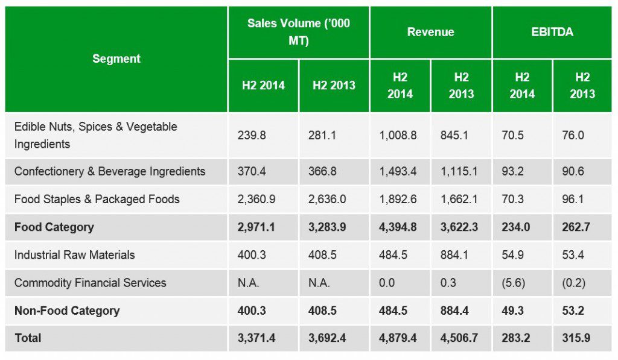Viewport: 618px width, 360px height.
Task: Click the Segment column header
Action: [x=116, y=58]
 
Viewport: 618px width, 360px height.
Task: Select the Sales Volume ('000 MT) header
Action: [x=298, y=31]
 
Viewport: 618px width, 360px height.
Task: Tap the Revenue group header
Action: [x=430, y=32]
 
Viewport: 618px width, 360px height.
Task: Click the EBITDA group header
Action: [x=552, y=32]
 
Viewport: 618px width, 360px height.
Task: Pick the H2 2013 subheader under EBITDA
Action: [x=582, y=86]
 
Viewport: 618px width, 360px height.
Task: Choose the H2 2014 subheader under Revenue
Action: [x=400, y=86]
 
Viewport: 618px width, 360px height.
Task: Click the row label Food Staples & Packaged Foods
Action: [x=97, y=199]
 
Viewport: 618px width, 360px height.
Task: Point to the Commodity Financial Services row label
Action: [x=90, y=283]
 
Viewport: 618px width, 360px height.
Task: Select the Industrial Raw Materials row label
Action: [x=74, y=255]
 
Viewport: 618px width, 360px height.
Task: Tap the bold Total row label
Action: [x=28, y=338]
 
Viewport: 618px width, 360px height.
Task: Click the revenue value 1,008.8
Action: [x=398, y=135]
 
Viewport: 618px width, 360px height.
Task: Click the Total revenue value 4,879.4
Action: [x=398, y=338]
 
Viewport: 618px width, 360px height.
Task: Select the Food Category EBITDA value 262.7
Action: [x=576, y=227]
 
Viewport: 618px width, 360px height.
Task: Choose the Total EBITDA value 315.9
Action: [x=576, y=338]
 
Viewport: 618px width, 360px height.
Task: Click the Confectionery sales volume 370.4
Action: [x=251, y=171]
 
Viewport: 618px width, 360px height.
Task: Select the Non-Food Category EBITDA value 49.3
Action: [x=514, y=311]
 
